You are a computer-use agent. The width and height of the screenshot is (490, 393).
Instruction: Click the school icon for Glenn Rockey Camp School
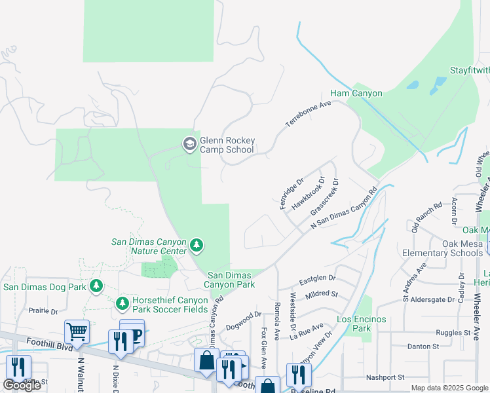click(190, 144)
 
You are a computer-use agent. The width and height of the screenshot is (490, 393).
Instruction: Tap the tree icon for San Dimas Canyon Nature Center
click(196, 246)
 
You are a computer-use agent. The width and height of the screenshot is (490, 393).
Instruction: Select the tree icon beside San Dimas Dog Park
click(96, 286)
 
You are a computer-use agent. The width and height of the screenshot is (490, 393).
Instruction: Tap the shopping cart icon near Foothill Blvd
click(77, 331)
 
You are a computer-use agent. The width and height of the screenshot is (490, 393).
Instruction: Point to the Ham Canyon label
click(356, 94)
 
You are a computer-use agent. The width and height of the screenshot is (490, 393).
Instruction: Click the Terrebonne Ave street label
click(307, 115)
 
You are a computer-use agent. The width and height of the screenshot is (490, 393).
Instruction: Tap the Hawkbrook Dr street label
click(309, 193)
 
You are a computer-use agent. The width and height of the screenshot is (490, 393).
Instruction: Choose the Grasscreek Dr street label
click(324, 197)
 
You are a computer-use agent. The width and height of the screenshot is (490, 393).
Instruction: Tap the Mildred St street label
click(321, 295)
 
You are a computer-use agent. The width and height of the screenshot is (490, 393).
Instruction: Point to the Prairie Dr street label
click(45, 311)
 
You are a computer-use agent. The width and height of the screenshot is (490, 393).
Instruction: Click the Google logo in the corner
click(22, 385)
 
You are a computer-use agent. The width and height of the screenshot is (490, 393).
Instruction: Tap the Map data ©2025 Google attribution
click(449, 388)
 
